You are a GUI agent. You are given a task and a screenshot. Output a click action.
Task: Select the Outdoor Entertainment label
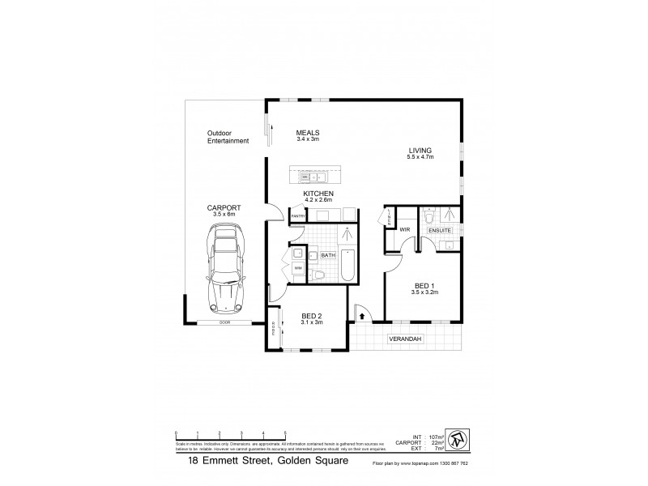[227, 137]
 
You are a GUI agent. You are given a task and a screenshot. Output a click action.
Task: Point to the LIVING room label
[420, 151]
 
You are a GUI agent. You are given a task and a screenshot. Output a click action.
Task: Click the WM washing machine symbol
[298, 268]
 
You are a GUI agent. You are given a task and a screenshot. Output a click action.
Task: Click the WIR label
[404, 230]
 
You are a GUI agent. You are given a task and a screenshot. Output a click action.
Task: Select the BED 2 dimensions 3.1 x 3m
[312, 322]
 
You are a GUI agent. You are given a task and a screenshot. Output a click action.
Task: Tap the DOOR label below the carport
[224, 323]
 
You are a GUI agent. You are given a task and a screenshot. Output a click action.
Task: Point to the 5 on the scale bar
[284, 433]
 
